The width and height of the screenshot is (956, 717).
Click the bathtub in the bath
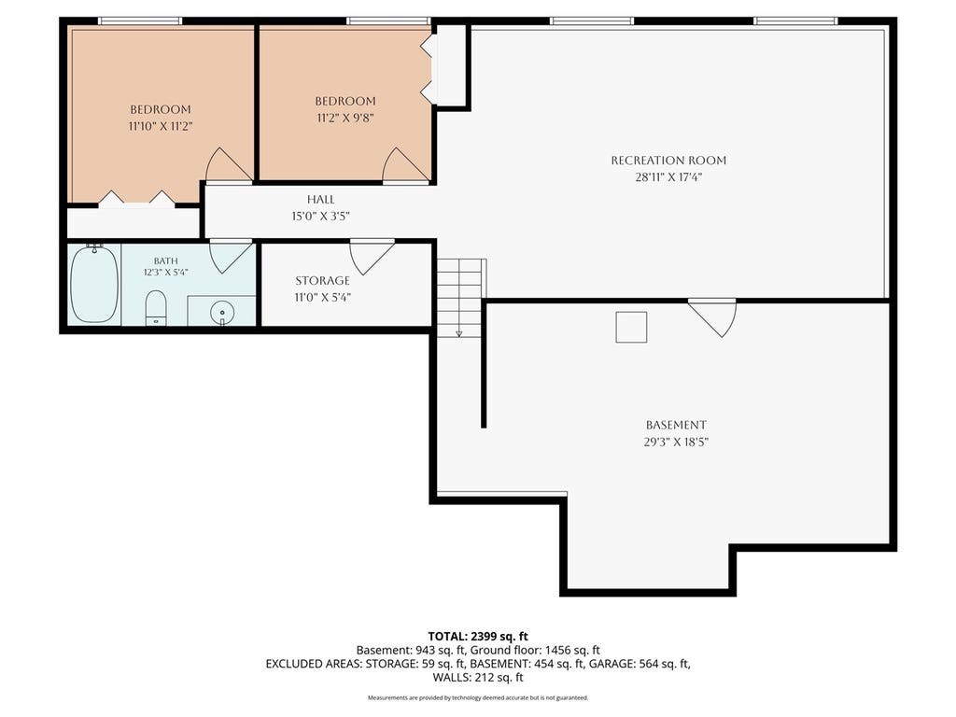[94, 284]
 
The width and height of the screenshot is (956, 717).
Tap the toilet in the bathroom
[156, 308]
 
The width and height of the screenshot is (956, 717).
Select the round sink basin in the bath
[222, 313]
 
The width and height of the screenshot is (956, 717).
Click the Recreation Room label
[668, 161]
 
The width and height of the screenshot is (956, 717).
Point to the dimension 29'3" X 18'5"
[676, 442]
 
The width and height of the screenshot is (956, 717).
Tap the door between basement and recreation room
[712, 317]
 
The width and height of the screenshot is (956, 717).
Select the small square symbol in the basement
[631, 328]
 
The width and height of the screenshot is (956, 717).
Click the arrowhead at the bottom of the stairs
[459, 333]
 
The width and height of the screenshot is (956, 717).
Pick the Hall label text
[321, 200]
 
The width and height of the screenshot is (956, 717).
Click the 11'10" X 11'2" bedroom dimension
[161, 127]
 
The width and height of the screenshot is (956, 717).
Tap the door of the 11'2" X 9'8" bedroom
[405, 165]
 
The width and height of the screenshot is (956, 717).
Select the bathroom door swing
[232, 256]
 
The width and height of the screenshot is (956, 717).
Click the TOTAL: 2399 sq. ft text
[478, 637]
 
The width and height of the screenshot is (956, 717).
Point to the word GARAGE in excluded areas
[611, 664]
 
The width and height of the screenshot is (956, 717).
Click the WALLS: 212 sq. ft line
[478, 678]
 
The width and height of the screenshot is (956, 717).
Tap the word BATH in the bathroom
[166, 261]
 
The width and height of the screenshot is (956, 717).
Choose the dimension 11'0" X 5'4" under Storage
[322, 298]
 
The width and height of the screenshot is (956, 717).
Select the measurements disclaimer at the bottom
[478, 697]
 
